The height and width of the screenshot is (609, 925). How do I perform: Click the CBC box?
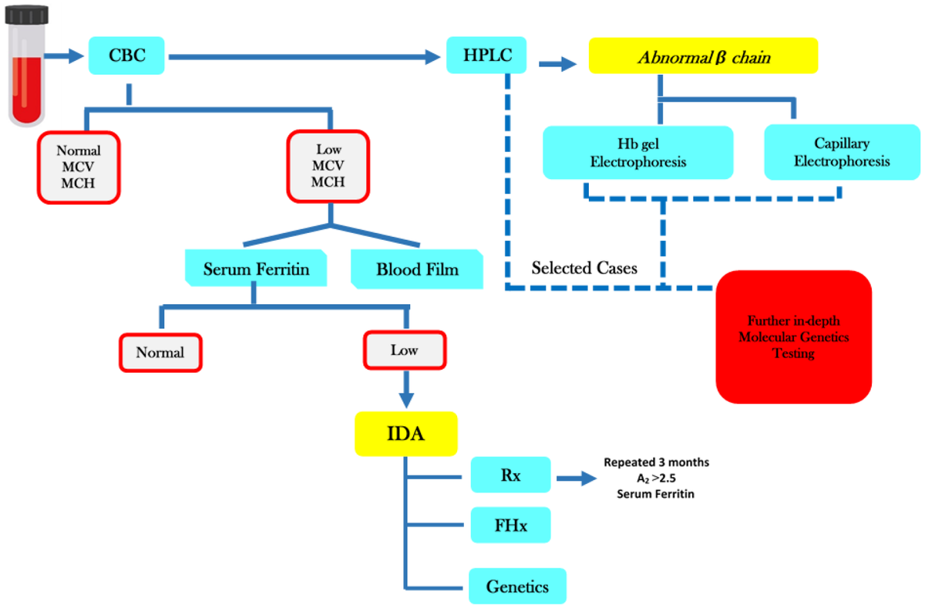pyautogui.click(x=127, y=56)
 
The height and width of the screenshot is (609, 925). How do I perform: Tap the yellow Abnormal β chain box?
pyautogui.click(x=703, y=56)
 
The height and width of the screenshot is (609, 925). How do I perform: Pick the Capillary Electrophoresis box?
pyautogui.click(x=842, y=152)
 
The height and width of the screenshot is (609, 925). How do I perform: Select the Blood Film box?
pyautogui.click(x=417, y=269)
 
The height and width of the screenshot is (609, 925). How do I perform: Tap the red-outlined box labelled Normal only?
pyautogui.click(x=160, y=353)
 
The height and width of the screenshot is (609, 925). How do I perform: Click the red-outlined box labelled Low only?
pyautogui.click(x=404, y=350)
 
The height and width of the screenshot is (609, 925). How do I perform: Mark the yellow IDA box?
pyautogui.click(x=405, y=433)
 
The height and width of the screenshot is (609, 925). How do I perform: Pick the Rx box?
pyautogui.click(x=510, y=475)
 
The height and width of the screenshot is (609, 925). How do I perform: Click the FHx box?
pyautogui.click(x=510, y=526)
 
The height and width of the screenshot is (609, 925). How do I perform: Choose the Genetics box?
pyautogui.click(x=517, y=586)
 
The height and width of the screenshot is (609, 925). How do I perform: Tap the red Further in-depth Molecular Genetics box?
pyautogui.click(x=793, y=337)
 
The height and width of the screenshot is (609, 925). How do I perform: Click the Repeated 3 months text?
pyautogui.click(x=655, y=462)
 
